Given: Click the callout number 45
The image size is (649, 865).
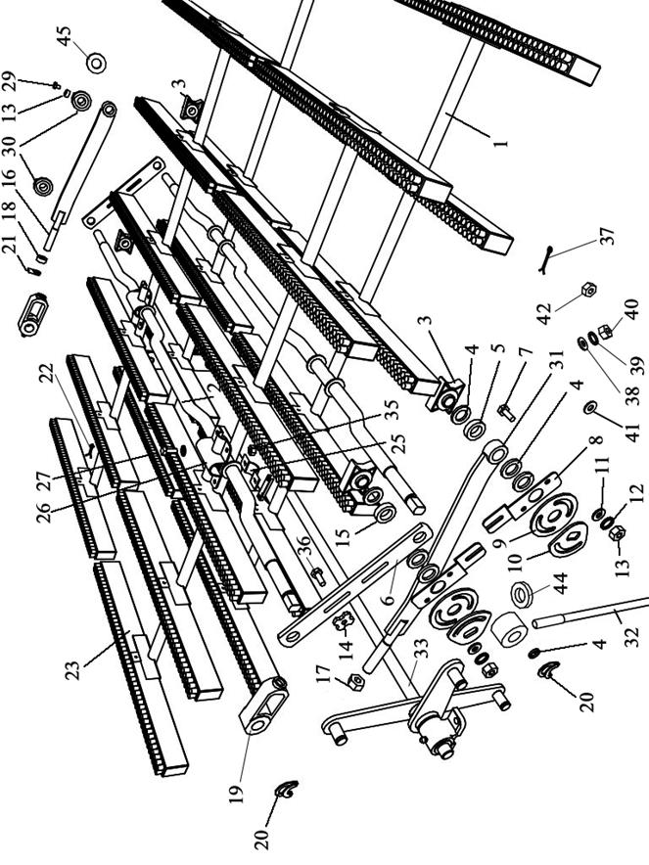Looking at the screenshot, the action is [x=65, y=36].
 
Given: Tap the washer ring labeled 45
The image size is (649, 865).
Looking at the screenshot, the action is [x=97, y=63].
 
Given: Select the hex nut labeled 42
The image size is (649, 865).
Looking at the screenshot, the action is [x=589, y=289].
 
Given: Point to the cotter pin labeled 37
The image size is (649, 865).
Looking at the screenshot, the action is [x=547, y=259].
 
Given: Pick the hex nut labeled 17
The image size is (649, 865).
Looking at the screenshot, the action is [x=355, y=682].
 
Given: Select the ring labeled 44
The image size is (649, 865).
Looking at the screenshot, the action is [x=521, y=594].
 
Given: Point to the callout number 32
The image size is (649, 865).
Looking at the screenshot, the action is [x=633, y=637].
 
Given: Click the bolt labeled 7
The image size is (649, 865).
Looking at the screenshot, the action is [x=505, y=411].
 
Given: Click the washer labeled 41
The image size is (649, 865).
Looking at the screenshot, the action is [x=589, y=407].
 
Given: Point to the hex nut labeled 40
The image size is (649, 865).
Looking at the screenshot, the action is [x=605, y=331].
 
